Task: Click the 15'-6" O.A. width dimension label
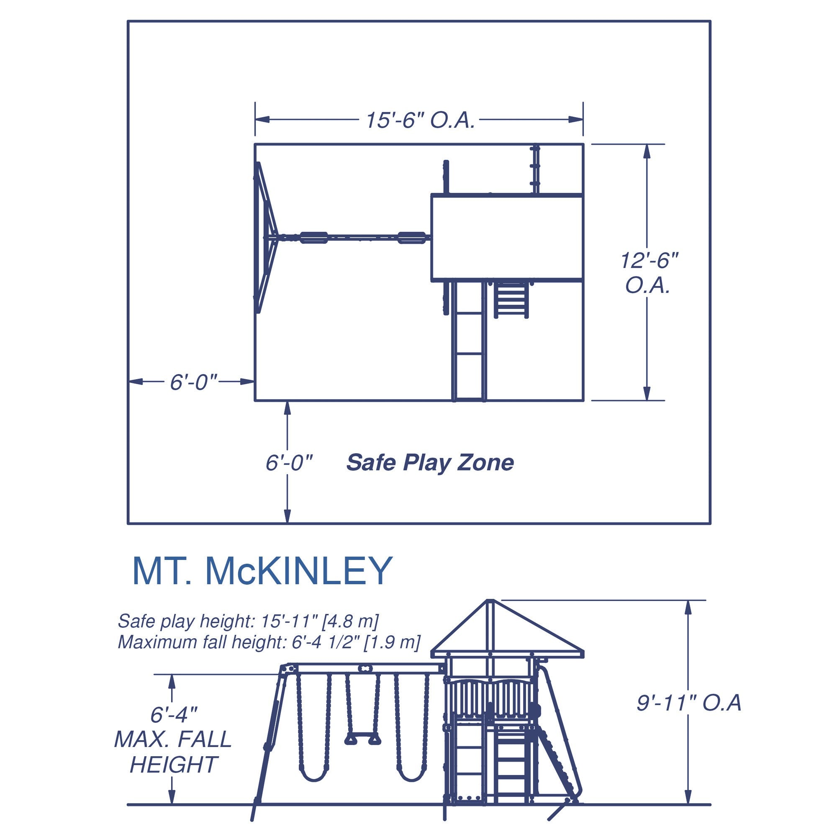[x=420, y=120]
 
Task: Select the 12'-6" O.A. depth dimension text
[x=649, y=273]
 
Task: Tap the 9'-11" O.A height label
[x=689, y=715]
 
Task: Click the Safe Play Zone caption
[x=430, y=463]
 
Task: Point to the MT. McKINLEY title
[x=262, y=571]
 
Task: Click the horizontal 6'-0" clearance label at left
[x=193, y=382]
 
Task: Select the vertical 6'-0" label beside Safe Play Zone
[x=289, y=463]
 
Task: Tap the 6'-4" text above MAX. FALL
[x=174, y=715]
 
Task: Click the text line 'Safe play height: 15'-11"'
[x=248, y=621]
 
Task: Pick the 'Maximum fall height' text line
[x=269, y=642]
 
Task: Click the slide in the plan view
[x=469, y=342]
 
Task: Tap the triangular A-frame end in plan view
[x=263, y=237]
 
